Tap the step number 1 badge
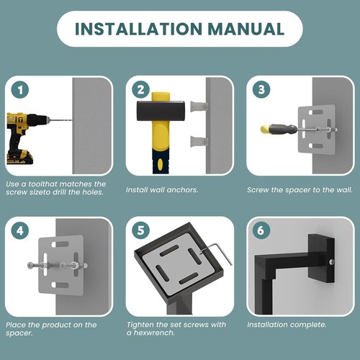click(x=20, y=90)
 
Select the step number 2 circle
click(x=141, y=89)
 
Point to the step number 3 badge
click(x=261, y=89)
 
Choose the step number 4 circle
click(x=20, y=230)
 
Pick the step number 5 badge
click(x=141, y=230)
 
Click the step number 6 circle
click(x=261, y=230)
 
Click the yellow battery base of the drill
click(x=19, y=156)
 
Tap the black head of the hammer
click(x=161, y=112)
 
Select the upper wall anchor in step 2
click(x=199, y=107)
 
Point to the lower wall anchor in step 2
click(x=199, y=141)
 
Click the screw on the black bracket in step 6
click(x=331, y=262)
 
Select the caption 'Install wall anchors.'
click(x=162, y=190)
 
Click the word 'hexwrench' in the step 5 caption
click(x=154, y=333)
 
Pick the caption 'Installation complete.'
click(x=287, y=325)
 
